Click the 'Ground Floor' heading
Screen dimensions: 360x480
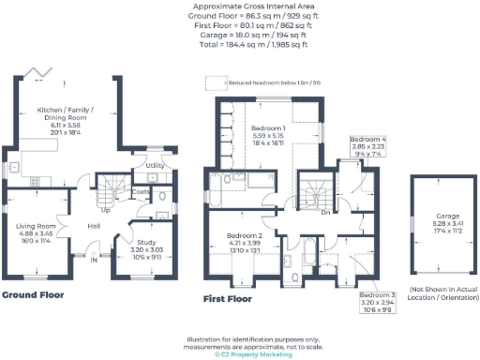click(x=32, y=294)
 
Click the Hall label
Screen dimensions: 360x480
click(x=95, y=226)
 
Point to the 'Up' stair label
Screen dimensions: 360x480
click(x=105, y=210)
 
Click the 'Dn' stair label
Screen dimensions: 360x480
click(x=325, y=213)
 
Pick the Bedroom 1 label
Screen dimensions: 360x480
click(x=268, y=127)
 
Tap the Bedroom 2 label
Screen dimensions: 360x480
click(x=243, y=235)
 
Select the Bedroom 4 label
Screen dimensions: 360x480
click(x=367, y=138)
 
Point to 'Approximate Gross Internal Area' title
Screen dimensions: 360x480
click(x=240, y=7)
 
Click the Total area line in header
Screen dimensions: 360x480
click(x=240, y=44)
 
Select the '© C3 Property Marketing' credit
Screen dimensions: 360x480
click(x=240, y=354)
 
